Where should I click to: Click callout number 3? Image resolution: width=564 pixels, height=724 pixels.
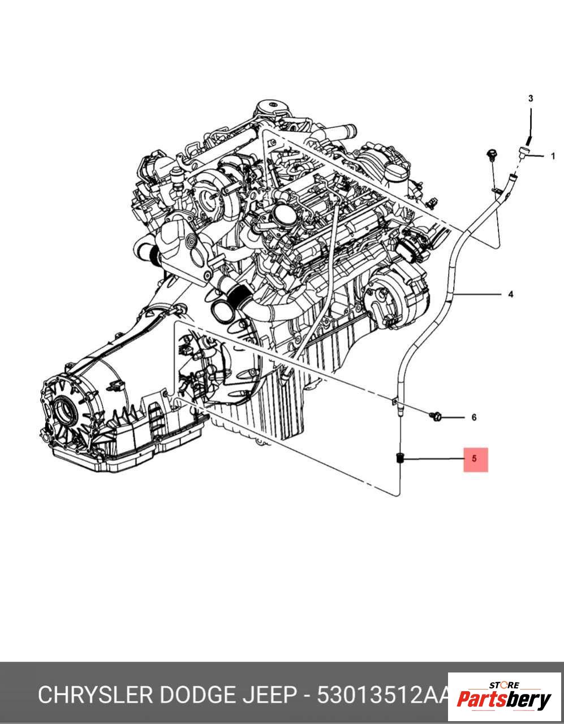[531, 98]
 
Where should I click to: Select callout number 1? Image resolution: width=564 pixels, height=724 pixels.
[553, 156]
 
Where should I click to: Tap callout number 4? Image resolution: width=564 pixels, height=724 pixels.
[510, 294]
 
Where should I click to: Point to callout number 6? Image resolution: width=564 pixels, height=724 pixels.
[473, 418]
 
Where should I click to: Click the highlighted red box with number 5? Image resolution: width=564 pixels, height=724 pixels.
[475, 459]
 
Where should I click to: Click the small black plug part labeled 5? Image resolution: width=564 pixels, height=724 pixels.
[399, 458]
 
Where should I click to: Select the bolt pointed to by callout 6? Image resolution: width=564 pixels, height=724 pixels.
[436, 417]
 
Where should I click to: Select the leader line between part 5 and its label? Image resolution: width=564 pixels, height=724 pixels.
[433, 459]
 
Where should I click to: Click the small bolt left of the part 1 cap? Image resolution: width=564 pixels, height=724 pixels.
[491, 154]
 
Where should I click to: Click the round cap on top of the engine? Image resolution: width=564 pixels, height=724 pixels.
[270, 107]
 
